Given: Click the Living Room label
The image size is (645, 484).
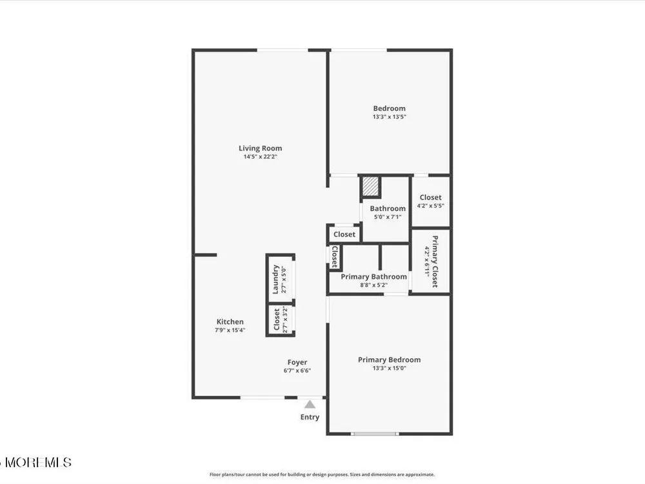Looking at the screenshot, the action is (x=261, y=148).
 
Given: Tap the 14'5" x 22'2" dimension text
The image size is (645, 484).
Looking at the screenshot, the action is (x=261, y=157).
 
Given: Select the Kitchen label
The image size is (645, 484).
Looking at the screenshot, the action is (x=230, y=322).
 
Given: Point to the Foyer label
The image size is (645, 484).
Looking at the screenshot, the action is (x=297, y=362).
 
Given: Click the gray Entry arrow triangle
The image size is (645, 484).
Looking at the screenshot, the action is (x=310, y=404).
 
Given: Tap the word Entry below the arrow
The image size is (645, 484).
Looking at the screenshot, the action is (x=310, y=417).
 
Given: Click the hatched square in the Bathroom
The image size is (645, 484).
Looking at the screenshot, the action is (x=371, y=187).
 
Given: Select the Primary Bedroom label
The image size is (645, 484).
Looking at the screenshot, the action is (x=389, y=359).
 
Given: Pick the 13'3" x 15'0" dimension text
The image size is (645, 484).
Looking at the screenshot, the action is (x=389, y=368).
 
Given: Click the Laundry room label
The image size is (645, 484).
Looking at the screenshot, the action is (x=275, y=279).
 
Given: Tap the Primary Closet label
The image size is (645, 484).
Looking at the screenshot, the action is (x=435, y=261).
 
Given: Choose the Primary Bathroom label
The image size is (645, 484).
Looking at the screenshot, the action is (x=374, y=277).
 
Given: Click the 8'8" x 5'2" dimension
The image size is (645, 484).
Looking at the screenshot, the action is (x=374, y=285).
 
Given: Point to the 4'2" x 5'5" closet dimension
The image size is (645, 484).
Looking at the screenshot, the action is (x=430, y=206).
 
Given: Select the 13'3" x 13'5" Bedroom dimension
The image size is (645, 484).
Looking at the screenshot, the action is (x=389, y=117).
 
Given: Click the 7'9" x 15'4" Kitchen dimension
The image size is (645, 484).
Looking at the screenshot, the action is (x=230, y=330).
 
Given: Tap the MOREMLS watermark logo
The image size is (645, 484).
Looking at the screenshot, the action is (x=36, y=462).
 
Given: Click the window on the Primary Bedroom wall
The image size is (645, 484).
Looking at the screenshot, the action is (x=374, y=434).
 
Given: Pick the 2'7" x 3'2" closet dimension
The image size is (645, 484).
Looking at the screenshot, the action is (x=285, y=319).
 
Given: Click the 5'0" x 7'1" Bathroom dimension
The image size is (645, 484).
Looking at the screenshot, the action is (x=388, y=217).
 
